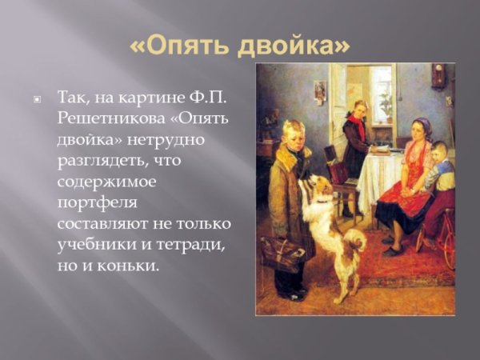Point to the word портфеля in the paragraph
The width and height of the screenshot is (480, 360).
pos(94,202)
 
